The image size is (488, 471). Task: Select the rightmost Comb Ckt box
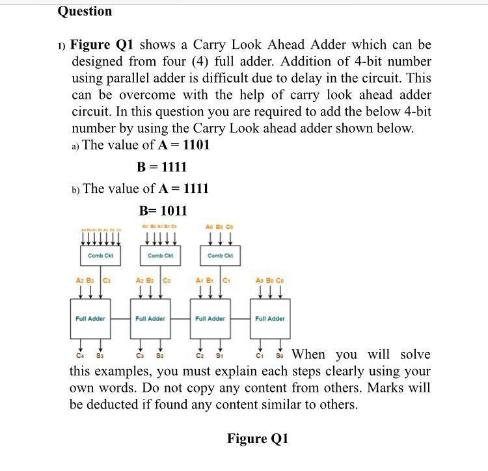[219, 255]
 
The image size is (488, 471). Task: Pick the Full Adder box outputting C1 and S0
[269, 318]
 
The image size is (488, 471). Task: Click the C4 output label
[79, 356]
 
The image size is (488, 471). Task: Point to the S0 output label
[280, 356]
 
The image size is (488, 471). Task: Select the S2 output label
[159, 356]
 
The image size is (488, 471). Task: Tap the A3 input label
[79, 281]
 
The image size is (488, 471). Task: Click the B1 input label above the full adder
[210, 281]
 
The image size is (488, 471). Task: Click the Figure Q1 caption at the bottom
[257, 439]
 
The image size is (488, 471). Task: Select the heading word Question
[85, 11]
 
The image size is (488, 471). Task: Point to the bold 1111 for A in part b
[197, 188]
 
